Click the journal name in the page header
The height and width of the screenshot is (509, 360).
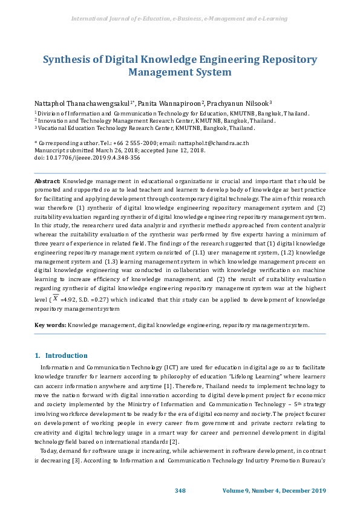179,19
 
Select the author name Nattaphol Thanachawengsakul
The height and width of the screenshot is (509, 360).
83,104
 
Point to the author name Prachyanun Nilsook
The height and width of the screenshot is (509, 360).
239,104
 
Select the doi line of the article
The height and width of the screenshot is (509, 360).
78,157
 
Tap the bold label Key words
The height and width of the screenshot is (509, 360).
50,325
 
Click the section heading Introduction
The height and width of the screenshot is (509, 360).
66,355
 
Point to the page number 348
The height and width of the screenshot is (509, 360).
180,490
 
